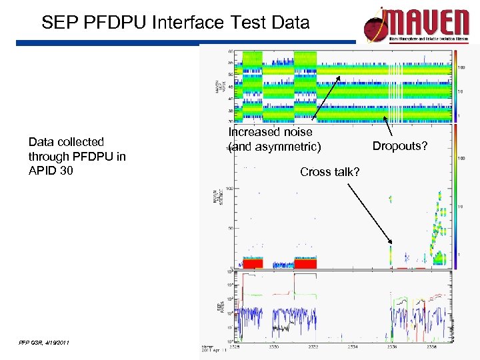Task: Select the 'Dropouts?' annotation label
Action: (x=399, y=146)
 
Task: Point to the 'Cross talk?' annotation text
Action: (x=330, y=172)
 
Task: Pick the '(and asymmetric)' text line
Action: (x=274, y=146)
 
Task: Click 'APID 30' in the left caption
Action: (x=51, y=171)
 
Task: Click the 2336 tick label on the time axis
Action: (x=394, y=347)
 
